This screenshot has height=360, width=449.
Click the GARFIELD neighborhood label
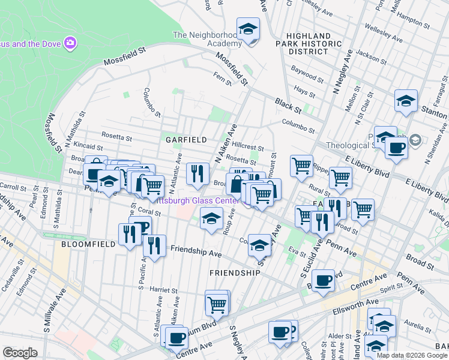pos(187,139)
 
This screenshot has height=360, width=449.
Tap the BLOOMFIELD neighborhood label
pos(84,244)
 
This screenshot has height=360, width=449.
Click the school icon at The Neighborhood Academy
pos(247,29)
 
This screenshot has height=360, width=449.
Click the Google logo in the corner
pos(20,353)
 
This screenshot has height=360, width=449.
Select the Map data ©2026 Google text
pos(412,355)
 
